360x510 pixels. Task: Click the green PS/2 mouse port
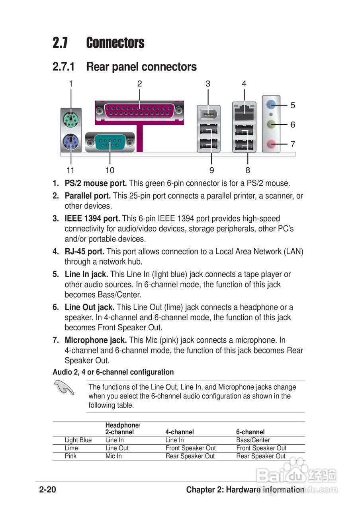71,118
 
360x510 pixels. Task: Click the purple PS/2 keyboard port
71,141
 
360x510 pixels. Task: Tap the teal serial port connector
110,141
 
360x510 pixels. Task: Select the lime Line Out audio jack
271,124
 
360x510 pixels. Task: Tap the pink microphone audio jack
271,143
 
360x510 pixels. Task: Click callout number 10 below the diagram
110,171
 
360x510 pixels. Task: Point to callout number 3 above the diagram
208,84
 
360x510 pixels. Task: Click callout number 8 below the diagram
248,171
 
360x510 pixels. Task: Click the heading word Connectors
115,43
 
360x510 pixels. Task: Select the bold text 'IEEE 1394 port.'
92,218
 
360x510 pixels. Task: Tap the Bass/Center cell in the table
253,440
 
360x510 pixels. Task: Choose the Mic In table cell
113,456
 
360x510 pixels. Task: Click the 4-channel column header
180,432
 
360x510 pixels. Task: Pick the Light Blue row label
78,440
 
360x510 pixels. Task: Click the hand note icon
63,387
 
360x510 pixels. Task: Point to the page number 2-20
47,490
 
